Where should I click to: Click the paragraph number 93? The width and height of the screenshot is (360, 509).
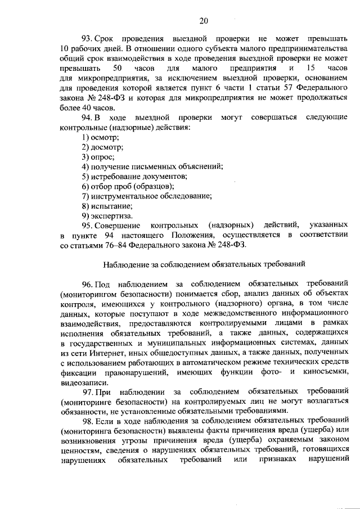coord(88,39)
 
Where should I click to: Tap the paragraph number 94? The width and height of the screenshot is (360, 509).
coord(87,117)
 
